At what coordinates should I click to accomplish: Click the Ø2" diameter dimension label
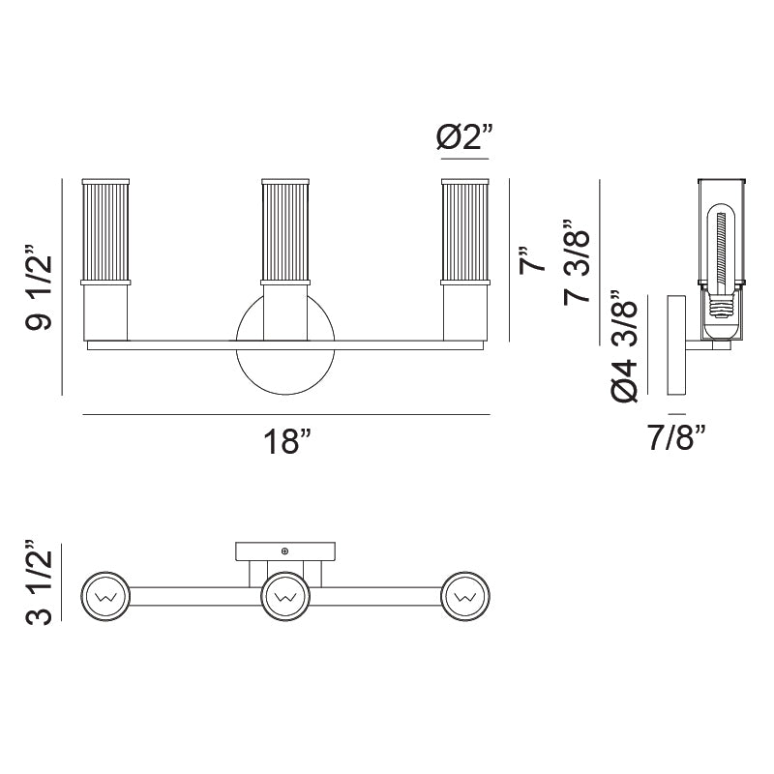tap(463, 138)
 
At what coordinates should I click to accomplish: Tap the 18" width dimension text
tap(287, 442)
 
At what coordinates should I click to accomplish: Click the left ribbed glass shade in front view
tap(105, 230)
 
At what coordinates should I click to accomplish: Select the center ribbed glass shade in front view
tap(284, 230)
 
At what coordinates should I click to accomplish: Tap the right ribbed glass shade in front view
tap(465, 230)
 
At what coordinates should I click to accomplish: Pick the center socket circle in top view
tap(285, 598)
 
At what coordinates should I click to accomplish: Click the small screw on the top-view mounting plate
tap(284, 551)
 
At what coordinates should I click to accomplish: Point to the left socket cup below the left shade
tap(105, 312)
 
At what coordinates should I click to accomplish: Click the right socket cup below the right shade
tap(465, 312)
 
